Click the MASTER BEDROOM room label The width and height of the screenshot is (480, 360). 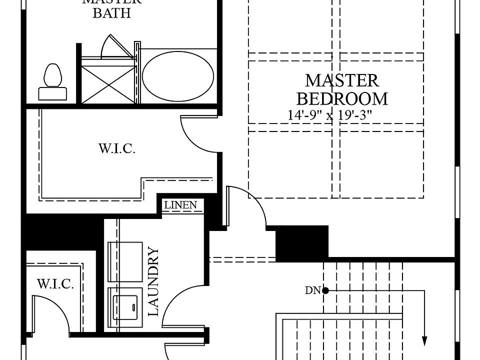342,89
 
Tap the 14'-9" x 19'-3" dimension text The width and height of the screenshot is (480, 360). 330,115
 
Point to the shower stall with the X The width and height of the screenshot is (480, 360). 108,80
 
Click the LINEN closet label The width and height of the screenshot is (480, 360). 180,205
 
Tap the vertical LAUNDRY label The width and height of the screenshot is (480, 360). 153,281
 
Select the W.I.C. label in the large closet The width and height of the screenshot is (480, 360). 116,149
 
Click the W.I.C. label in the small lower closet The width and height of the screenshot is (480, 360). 55,285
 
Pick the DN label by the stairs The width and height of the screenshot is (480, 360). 312,290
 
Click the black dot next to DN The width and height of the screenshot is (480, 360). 325,290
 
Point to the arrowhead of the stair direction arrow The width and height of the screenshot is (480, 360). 425,341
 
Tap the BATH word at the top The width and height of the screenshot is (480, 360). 111,13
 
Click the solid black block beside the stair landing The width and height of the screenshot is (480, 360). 302,243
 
